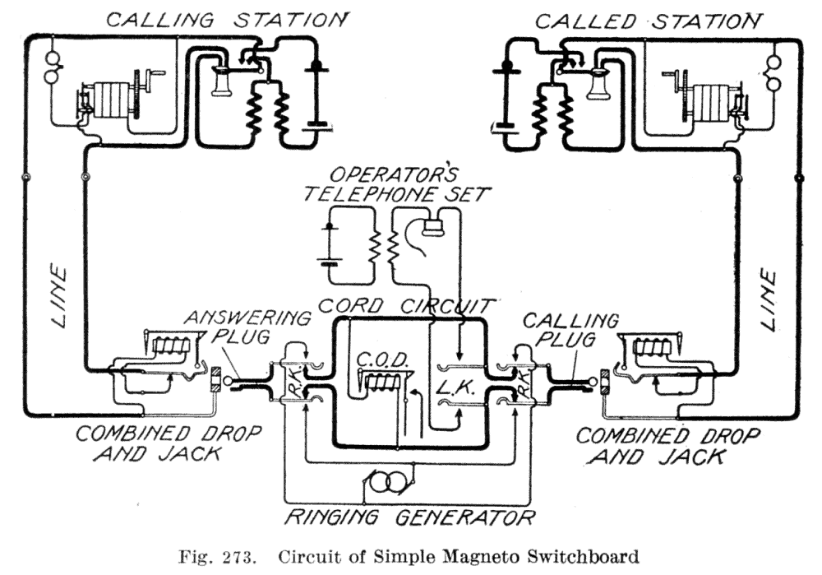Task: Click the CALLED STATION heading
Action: pos(648,20)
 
